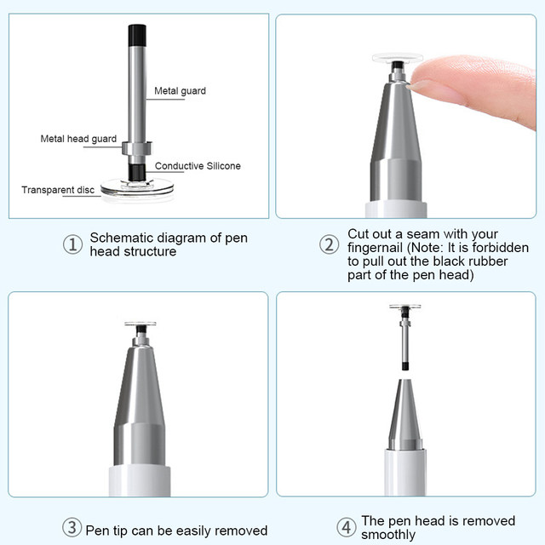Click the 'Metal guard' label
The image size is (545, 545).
point(180,91)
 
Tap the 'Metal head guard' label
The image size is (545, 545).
point(78,139)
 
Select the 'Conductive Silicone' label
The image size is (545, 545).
point(198,166)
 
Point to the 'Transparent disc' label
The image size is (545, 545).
point(58,190)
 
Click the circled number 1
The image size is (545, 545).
point(72,244)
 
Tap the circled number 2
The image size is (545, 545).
point(329,244)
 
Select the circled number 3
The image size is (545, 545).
point(72,527)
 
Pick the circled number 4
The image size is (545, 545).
point(347,527)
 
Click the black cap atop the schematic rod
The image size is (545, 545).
point(137,36)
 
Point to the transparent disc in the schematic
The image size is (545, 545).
point(137,188)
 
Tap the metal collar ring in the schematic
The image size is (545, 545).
point(137,148)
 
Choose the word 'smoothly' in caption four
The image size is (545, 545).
point(388,535)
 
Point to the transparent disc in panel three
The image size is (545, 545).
point(141,324)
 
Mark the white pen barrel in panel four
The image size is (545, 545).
point(405,473)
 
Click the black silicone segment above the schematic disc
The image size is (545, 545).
point(136,172)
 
